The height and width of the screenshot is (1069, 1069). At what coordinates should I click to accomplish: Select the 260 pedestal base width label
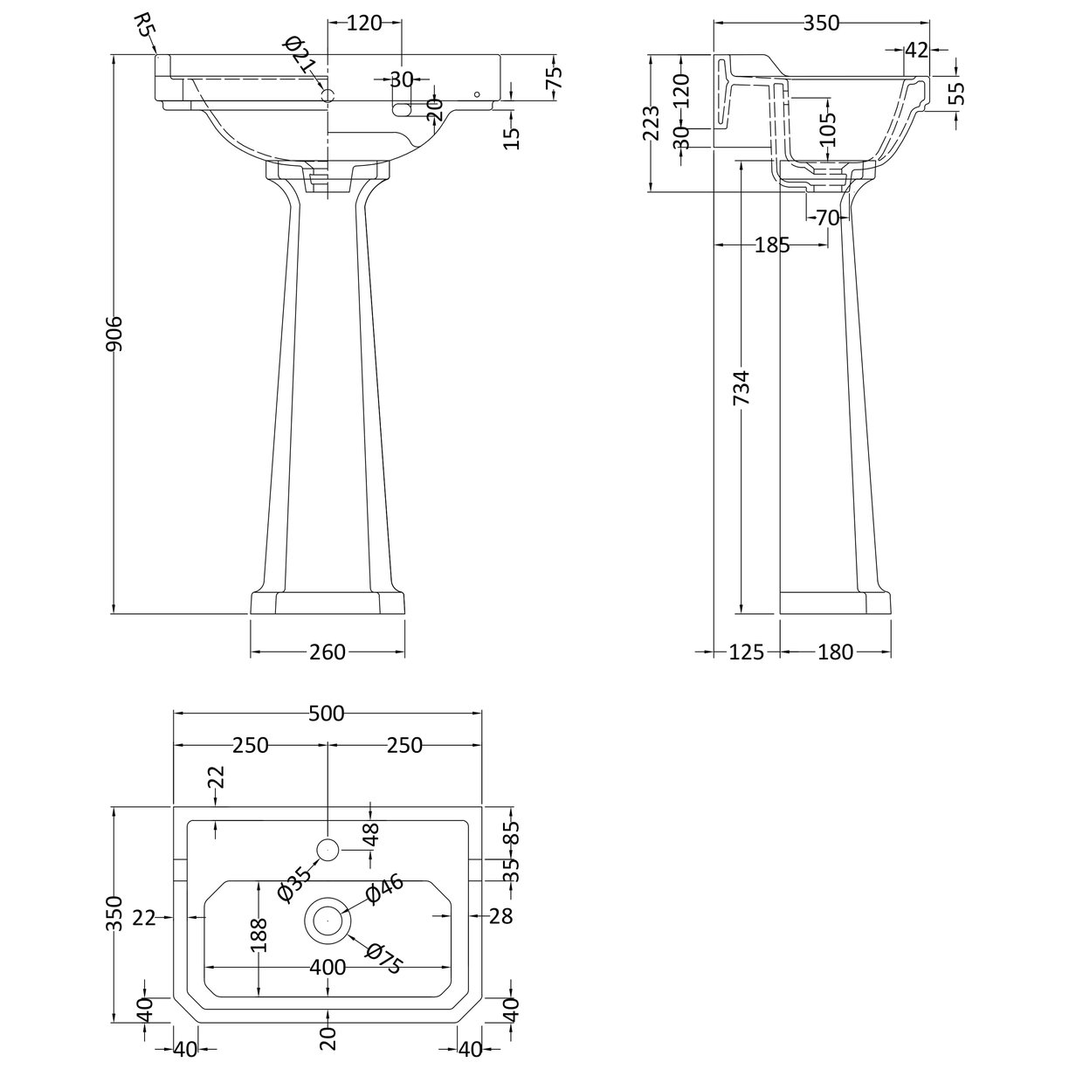(328, 652)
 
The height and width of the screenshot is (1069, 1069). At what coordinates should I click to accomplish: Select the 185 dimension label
(772, 245)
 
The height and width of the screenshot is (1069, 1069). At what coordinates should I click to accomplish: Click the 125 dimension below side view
(747, 652)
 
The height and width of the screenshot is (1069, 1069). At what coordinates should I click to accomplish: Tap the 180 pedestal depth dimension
(836, 652)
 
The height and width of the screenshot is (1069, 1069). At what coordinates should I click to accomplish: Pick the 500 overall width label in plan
(328, 714)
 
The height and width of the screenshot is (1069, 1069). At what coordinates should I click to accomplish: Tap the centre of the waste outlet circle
(328, 919)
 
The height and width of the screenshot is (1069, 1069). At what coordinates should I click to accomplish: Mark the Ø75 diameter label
(384, 959)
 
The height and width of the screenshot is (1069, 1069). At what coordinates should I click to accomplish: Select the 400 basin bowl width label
(328, 968)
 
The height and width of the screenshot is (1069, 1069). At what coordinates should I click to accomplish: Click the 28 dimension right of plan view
(500, 916)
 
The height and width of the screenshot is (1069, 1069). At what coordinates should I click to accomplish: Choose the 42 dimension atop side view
(915, 51)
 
